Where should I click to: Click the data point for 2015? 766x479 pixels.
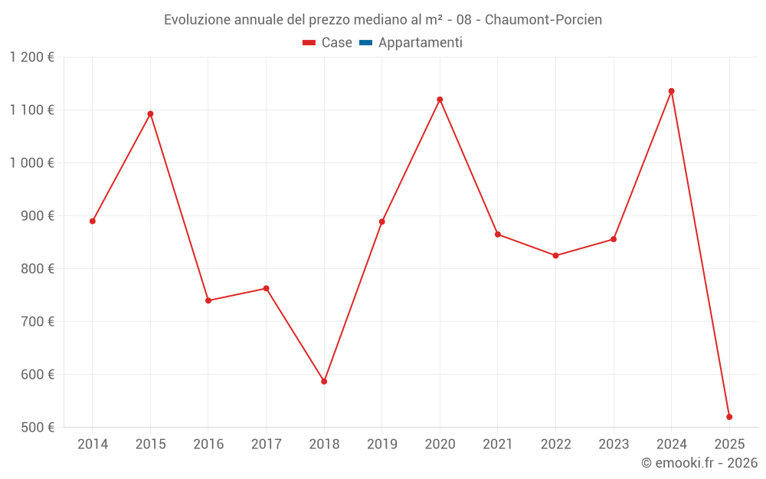(150, 114)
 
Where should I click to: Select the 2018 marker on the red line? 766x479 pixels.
(324, 381)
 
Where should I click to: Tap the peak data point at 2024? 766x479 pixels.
(672, 91)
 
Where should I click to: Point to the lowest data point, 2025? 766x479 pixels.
(729, 417)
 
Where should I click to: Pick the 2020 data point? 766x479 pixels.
(440, 100)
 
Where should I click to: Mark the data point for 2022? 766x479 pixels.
(555, 256)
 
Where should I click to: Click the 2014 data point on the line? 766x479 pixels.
(93, 221)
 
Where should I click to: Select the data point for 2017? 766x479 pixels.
(266, 289)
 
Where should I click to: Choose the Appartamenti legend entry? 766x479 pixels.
(420, 43)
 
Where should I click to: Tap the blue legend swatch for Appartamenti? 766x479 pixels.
(365, 43)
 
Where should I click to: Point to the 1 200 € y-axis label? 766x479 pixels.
(31, 57)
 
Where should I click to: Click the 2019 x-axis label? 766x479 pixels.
(381, 445)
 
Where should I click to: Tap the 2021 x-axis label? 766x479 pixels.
(498, 445)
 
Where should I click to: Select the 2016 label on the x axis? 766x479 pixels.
(208, 445)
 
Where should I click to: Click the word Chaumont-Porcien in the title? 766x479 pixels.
(543, 20)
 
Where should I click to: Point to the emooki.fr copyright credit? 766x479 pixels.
(699, 463)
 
